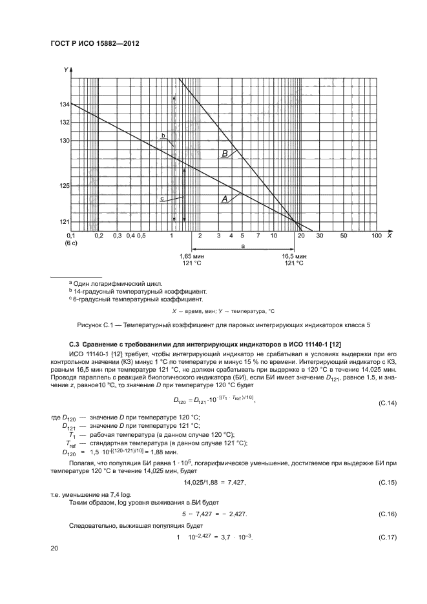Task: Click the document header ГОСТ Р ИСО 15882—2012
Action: click(x=95, y=43)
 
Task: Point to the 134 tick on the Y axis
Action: click(x=64, y=104)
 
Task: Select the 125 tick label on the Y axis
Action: click(x=64, y=186)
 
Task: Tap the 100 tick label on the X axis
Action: click(x=377, y=236)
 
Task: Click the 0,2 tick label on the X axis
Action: click(x=99, y=236)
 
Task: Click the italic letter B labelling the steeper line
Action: click(x=225, y=154)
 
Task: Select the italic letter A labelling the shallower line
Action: click(x=225, y=200)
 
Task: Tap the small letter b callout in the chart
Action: click(x=163, y=136)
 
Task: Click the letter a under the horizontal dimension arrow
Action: click(x=242, y=247)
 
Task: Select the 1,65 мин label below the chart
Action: click(x=191, y=256)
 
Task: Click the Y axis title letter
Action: click(x=66, y=69)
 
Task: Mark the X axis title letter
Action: click(x=389, y=236)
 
